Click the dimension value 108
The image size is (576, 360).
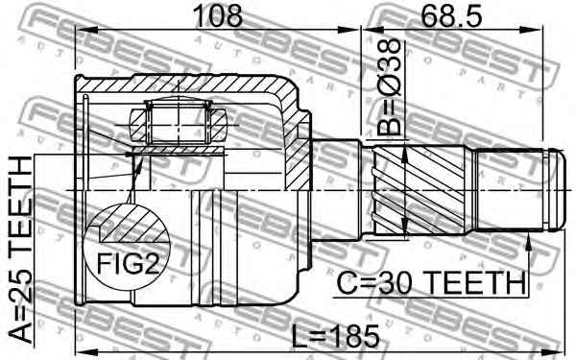219,15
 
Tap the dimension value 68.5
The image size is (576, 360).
451,15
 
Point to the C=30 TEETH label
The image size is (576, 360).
431,283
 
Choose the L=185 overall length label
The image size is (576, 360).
335,336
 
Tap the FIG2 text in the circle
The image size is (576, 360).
128,264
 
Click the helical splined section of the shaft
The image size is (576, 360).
419,190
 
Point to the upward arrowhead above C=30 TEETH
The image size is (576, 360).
528,243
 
